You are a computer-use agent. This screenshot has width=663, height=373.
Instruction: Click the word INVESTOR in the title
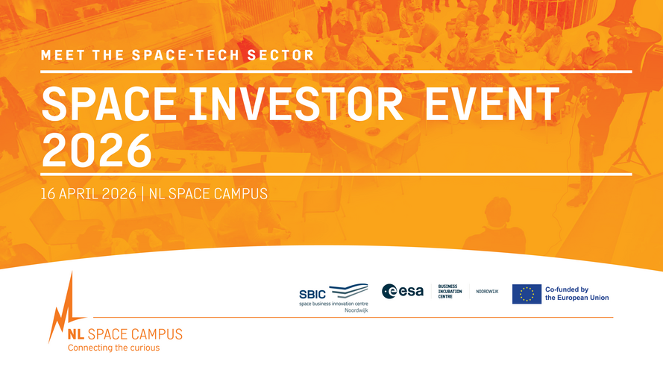pos(295,104)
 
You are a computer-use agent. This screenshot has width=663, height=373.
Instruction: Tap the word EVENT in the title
pos(492,104)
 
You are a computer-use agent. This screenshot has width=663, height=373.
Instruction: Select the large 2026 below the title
pos(97,150)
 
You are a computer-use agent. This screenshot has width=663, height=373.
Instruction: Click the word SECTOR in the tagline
pos(280,55)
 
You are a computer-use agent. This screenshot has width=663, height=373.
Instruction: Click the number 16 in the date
pos(48,194)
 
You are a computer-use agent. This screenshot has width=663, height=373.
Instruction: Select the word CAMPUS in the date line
pos(241,194)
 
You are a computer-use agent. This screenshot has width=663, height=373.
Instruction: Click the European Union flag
pos(527,294)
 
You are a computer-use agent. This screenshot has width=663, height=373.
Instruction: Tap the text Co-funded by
pos(567,289)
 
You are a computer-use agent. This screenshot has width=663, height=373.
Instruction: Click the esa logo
pos(403,292)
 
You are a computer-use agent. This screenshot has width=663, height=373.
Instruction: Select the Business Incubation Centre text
pos(450,292)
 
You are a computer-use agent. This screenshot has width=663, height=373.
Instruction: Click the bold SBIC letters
pos(312,295)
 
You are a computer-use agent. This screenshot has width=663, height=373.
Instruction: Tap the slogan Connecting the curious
pos(114,348)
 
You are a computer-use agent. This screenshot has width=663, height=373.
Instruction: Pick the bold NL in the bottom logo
pos(75,334)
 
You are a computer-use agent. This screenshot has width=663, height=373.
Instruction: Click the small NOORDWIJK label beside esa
pos(487,292)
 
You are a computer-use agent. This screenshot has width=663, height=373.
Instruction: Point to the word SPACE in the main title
pos(109,104)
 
